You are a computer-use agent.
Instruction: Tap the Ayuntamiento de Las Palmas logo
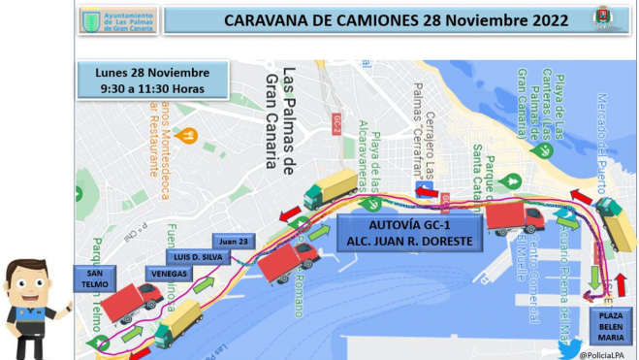[x=116, y=19]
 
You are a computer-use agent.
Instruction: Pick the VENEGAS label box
[x=166, y=274]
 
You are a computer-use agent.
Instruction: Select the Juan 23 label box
[x=234, y=242]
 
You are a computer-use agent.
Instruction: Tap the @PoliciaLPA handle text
[x=609, y=353]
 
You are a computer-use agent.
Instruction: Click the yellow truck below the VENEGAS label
[x=179, y=322]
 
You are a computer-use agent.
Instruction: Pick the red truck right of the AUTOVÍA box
[x=514, y=218]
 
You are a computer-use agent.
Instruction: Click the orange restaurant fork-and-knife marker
[x=190, y=136]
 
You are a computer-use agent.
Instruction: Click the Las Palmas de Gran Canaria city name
[x=277, y=121]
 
